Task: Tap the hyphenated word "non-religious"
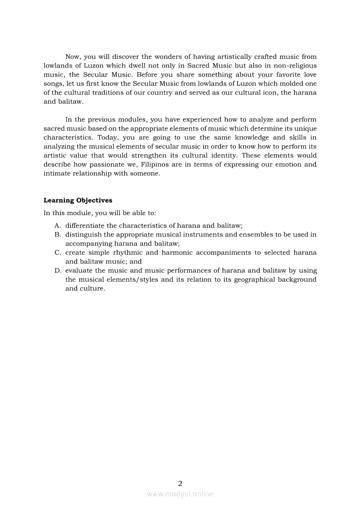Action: [x=295, y=66]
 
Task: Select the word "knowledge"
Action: [x=252, y=138]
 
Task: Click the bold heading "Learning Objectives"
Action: [x=78, y=200]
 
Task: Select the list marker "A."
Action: [x=58, y=226]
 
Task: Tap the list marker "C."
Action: [x=58, y=253]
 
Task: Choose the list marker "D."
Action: [x=58, y=270]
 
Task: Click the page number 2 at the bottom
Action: [x=180, y=483]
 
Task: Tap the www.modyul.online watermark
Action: [x=180, y=494]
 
